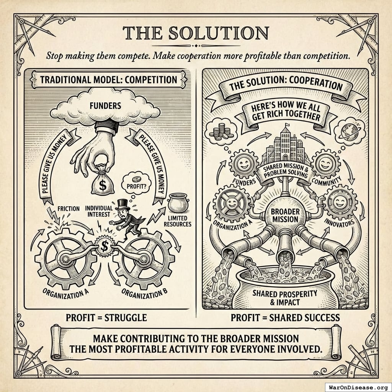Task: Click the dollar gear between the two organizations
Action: [103, 248]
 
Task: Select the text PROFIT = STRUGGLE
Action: [106, 317]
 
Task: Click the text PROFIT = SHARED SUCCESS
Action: [285, 317]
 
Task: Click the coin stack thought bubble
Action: [219, 131]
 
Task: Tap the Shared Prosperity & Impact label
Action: [285, 297]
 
